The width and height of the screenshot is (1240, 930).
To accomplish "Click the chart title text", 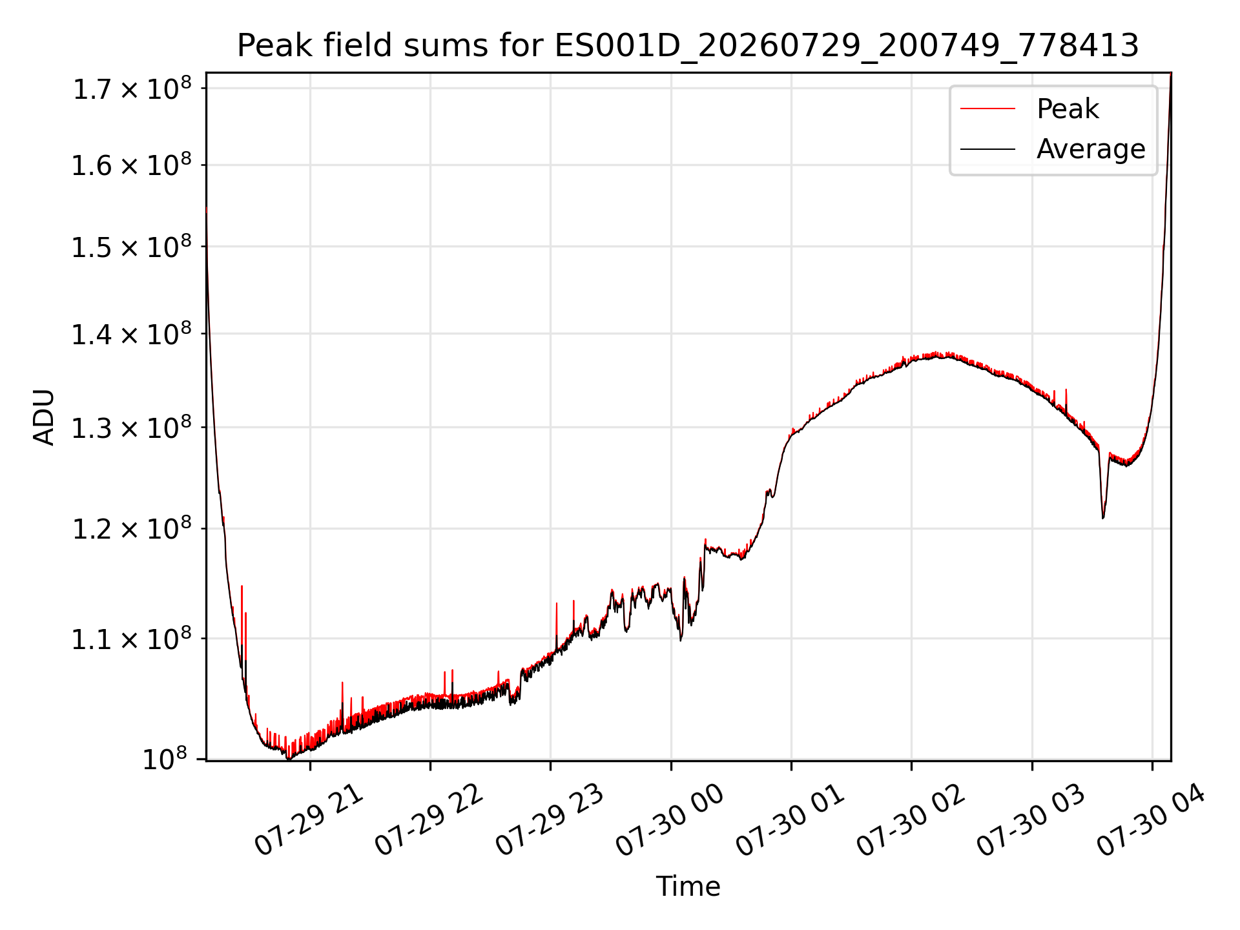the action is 688,46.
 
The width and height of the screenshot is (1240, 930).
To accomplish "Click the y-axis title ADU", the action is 44,417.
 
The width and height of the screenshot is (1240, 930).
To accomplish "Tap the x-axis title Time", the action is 688,886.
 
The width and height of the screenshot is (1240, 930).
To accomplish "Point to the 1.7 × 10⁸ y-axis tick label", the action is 132,89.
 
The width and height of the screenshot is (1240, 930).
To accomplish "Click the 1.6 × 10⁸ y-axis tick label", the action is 132,165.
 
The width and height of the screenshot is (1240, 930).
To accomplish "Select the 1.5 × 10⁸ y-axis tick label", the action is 132,247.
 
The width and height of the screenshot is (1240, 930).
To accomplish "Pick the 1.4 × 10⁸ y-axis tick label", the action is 132,335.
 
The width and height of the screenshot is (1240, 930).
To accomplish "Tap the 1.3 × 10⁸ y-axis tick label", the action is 132,428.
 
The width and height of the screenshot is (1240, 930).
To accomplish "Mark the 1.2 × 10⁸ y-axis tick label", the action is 132,529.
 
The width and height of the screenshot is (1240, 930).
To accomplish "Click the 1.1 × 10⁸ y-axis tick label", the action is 132,639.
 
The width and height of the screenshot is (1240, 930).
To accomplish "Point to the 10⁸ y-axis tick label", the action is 164,759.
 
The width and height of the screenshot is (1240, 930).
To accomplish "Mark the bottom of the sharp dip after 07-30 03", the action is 1103,518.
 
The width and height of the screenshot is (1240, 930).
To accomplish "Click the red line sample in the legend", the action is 987,109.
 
